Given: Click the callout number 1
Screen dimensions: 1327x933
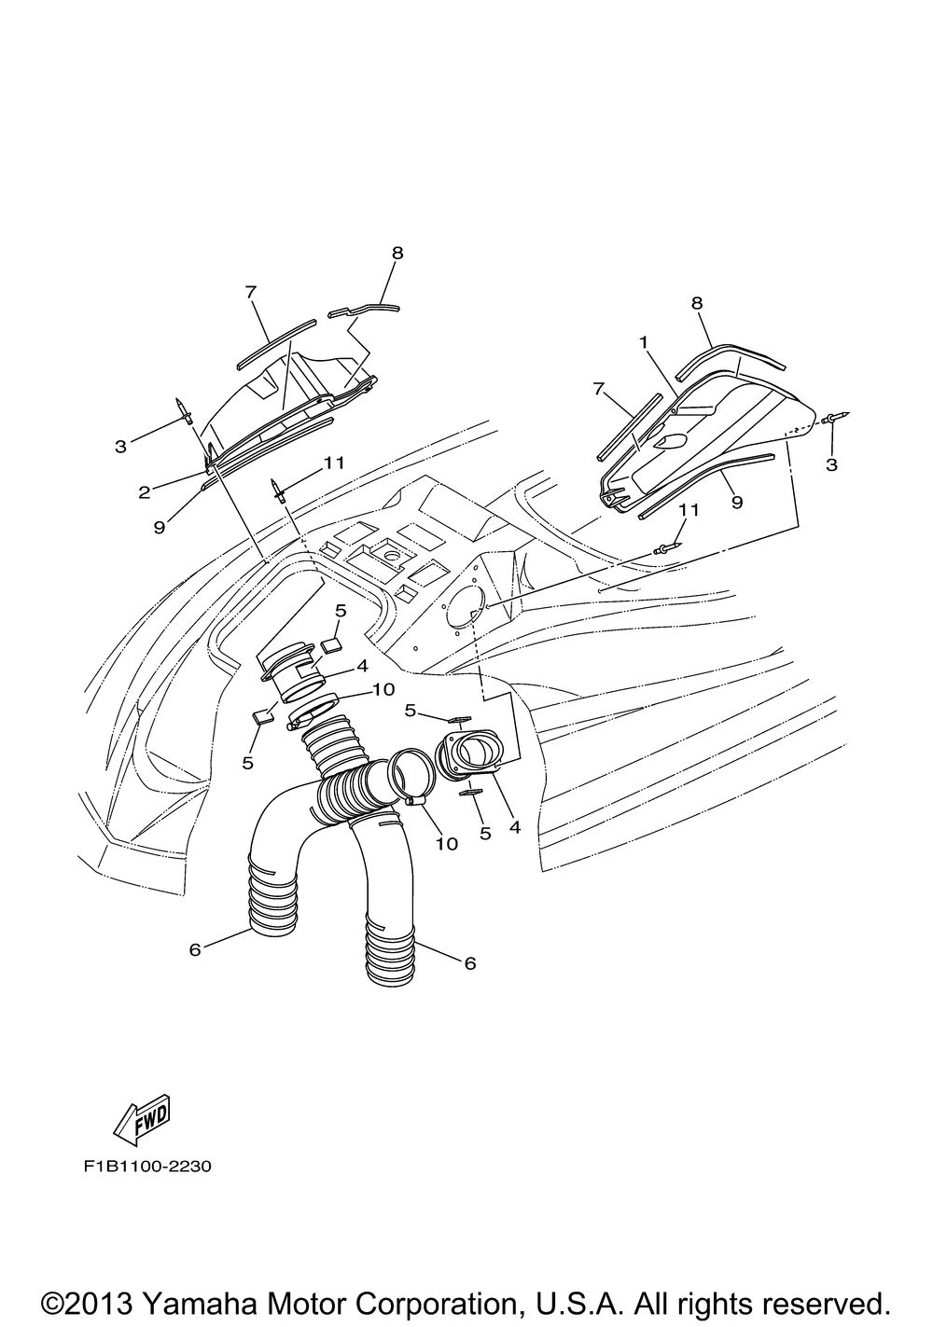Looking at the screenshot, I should pos(643,342).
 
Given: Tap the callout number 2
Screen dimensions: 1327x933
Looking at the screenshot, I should pos(145,491).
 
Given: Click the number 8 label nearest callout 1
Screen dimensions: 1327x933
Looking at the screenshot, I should pos(697,302).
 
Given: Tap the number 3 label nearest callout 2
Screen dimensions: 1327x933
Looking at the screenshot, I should pos(120,447).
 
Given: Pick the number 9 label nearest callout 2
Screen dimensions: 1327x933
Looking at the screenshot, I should pos(159,527).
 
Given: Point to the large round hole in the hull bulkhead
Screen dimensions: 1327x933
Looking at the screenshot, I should pos(464,609).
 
